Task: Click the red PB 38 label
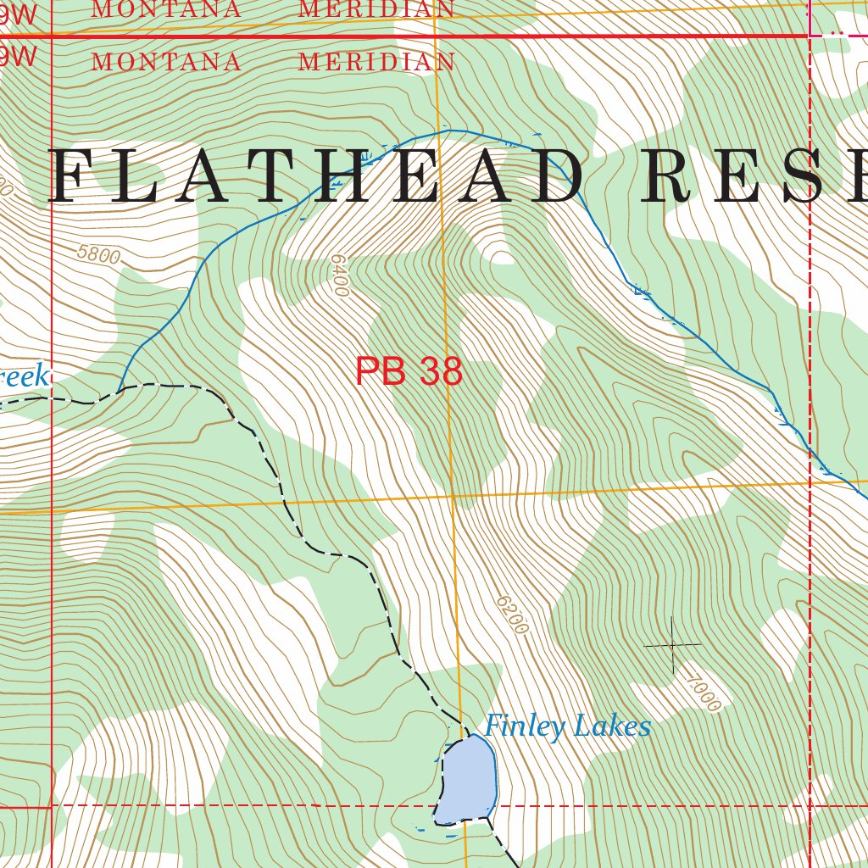click(409, 371)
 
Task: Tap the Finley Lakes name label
click(567, 726)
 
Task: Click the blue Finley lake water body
click(466, 778)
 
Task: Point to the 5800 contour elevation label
click(98, 253)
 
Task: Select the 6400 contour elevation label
click(339, 275)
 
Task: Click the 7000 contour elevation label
click(703, 693)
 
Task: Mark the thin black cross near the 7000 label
click(673, 645)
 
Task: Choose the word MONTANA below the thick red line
click(166, 62)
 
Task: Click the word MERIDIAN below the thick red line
click(376, 62)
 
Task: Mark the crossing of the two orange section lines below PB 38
click(453, 497)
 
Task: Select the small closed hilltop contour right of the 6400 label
click(502, 257)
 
